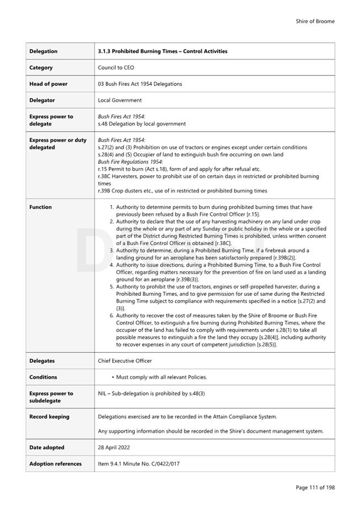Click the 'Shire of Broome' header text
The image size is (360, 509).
tap(315, 21)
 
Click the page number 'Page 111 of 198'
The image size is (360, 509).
tap(315, 487)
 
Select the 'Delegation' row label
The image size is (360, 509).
tap(43, 51)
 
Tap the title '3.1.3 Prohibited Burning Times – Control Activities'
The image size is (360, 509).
tap(162, 51)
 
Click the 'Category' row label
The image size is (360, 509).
tap(41, 68)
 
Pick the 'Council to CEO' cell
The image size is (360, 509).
tap(116, 68)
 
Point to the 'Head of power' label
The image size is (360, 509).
tap(48, 84)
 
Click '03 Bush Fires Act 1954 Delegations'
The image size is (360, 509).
tap(139, 84)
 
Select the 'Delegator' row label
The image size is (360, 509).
tap(42, 100)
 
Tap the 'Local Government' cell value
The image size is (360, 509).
tap(120, 100)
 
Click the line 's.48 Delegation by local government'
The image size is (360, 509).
tap(142, 124)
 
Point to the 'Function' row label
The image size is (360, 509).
tap(40, 207)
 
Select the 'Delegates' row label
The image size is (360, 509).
tap(42, 361)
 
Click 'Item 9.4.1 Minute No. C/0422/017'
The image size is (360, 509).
tap(138, 464)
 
